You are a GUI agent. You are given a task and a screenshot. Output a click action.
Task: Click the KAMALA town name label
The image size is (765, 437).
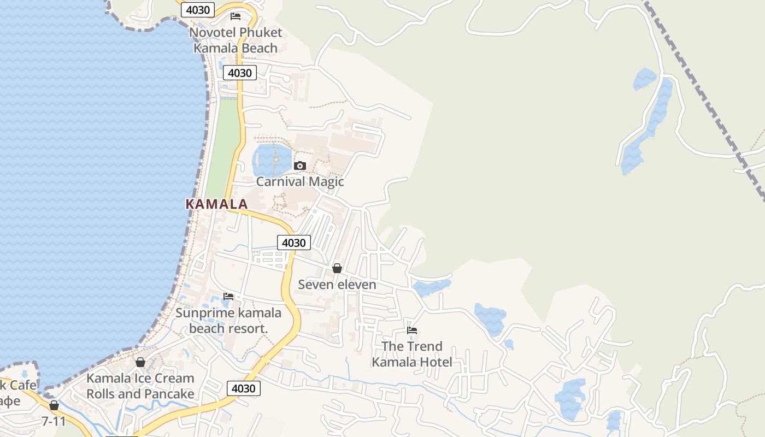click(x=216, y=204)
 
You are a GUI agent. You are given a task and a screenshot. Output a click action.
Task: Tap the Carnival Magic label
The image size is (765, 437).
click(x=300, y=182)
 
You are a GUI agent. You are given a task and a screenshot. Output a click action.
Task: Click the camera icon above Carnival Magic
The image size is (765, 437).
click(x=299, y=166)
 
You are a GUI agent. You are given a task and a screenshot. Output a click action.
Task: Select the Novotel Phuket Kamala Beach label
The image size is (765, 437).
click(x=236, y=40)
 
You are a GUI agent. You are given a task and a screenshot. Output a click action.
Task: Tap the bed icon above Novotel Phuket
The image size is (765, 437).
click(x=236, y=16)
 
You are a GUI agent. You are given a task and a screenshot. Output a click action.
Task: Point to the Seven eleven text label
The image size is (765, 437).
click(x=337, y=285)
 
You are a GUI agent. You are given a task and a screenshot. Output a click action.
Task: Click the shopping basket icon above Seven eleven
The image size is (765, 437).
click(x=337, y=268)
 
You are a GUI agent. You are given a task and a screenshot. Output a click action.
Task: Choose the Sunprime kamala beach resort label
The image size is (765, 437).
click(x=228, y=321)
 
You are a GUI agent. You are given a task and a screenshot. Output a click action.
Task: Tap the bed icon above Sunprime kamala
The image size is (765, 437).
click(x=228, y=297)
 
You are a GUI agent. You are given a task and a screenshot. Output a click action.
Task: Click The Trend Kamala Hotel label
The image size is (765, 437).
click(x=412, y=354)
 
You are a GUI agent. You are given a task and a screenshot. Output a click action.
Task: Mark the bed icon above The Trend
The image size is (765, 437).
click(x=412, y=330)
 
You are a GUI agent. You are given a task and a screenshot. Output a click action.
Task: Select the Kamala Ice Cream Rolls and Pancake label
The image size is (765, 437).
click(x=140, y=386)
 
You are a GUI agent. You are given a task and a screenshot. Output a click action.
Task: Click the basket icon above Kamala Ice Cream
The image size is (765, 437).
click(x=140, y=362)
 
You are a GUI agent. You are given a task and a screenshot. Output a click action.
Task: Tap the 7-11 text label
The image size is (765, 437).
click(x=54, y=421)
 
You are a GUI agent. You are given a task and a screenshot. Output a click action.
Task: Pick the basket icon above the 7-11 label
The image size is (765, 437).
click(x=54, y=405)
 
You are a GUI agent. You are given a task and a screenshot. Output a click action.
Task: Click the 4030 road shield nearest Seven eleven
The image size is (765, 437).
click(x=293, y=243)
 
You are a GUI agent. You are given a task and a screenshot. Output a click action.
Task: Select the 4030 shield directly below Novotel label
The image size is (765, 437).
click(x=240, y=73)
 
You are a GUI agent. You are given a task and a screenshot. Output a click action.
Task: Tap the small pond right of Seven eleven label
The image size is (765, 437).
click(x=432, y=287)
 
